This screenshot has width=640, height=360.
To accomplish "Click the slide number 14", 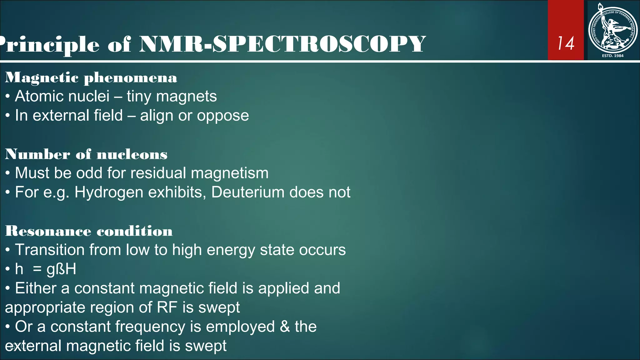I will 566,43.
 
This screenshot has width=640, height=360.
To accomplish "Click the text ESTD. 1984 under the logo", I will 612,56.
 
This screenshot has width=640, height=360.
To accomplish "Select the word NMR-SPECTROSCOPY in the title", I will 282,44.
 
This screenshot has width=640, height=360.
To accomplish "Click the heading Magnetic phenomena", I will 91,78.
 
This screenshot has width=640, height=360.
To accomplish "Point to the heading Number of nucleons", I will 86,154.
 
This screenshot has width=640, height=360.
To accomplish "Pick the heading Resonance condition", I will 89,231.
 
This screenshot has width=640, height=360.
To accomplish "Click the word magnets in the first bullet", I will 186,96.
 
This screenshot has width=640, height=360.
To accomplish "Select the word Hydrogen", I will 109,192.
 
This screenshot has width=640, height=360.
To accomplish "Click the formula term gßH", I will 61,269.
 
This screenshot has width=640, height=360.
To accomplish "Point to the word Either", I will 36,288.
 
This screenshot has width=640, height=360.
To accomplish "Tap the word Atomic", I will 38,96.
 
